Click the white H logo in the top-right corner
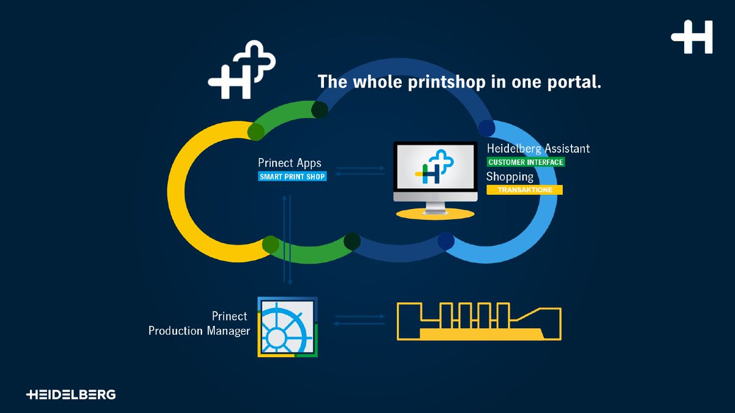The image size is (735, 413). point(692,37)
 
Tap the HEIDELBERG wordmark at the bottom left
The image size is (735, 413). point(71,395)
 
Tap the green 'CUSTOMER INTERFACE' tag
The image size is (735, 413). point(526,162)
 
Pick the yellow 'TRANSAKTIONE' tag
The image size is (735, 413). point(524,190)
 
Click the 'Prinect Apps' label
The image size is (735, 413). point(290,164)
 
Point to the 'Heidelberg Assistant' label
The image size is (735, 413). point(538,148)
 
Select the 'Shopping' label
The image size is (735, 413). point(510,176)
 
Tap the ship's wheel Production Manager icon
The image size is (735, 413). point(287,326)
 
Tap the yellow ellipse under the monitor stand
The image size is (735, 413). point(435,214)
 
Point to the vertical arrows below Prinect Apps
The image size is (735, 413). point(287,239)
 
